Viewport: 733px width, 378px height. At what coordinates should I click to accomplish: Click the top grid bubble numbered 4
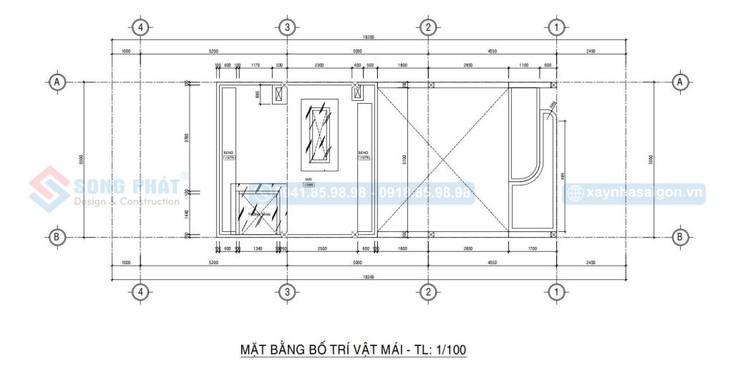click(141, 28)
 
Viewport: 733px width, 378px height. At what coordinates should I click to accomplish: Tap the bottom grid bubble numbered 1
click(555, 291)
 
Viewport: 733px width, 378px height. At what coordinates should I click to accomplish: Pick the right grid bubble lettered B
click(680, 236)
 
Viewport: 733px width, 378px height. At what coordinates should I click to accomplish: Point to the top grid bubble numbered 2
click(427, 28)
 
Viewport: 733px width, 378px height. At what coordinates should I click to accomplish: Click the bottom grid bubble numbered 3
click(286, 291)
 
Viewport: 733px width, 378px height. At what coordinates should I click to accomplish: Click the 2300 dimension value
click(319, 66)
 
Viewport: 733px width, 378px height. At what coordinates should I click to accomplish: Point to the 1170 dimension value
click(256, 66)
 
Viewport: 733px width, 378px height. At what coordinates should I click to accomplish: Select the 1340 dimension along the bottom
click(258, 248)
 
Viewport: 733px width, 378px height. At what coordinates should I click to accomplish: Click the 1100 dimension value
click(523, 66)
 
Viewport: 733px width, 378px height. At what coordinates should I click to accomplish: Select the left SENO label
click(228, 152)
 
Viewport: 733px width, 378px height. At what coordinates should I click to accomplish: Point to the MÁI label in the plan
click(309, 180)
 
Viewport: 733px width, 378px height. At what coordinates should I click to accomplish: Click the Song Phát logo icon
click(49, 190)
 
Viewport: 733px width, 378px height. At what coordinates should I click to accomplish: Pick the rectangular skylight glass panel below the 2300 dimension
click(319, 134)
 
